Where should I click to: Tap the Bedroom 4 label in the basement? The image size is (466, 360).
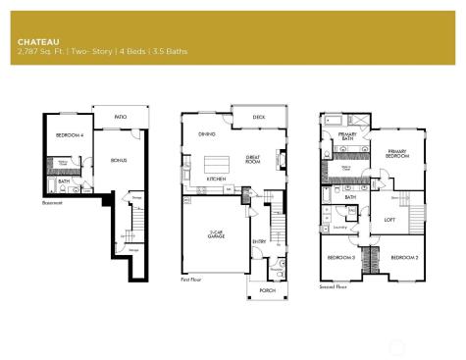[67, 134]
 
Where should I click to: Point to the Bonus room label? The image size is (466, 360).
[120, 160]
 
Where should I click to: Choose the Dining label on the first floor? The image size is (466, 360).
[207, 133]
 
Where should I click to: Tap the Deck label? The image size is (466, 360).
[258, 117]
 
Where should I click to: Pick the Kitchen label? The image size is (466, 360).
[217, 180]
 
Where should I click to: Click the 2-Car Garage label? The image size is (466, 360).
[217, 235]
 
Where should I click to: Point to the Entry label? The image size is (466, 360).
[259, 241]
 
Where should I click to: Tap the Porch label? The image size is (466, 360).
[267, 290]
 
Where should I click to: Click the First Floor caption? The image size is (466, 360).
[193, 280]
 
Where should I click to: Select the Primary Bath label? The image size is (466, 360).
[347, 138]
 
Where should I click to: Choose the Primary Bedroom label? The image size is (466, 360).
[396, 153]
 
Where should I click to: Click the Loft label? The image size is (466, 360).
[362, 221]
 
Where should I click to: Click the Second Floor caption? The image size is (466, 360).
[334, 286]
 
